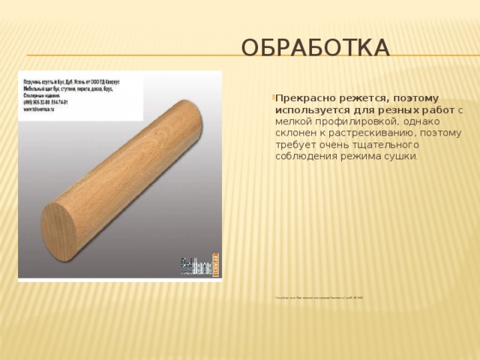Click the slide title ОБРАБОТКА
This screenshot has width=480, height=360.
(314, 49)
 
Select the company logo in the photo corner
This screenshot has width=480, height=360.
(201, 266)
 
